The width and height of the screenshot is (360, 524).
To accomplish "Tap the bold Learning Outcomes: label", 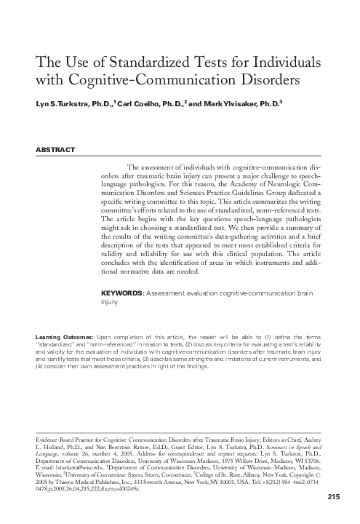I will [x=64, y=338].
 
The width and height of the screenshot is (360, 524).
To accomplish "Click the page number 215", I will [x=334, y=496].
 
